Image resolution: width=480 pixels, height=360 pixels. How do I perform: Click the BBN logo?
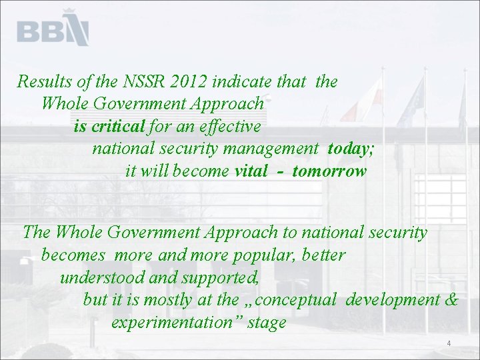(53, 29)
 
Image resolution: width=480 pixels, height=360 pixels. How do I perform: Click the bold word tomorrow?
(329, 171)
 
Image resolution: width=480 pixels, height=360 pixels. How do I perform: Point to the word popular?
(273, 255)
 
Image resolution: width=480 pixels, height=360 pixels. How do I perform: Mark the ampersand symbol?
(451, 300)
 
